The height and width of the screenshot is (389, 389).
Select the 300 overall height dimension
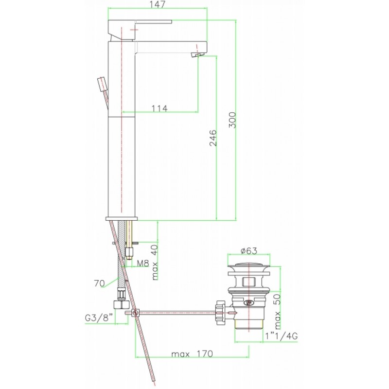pos(232,120)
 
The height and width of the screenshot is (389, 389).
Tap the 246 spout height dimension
pos(213,138)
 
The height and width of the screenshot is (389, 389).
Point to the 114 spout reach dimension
pos(159,108)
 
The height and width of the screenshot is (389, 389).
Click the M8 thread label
pos(143,263)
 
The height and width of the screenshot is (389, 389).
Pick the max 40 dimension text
pos(155,263)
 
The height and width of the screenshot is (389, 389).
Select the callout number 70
pos(99,283)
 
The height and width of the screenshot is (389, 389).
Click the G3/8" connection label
pos(99,318)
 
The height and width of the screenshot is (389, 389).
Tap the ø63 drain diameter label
pos(249,251)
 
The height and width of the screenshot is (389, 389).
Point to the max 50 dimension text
pos(278,311)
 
